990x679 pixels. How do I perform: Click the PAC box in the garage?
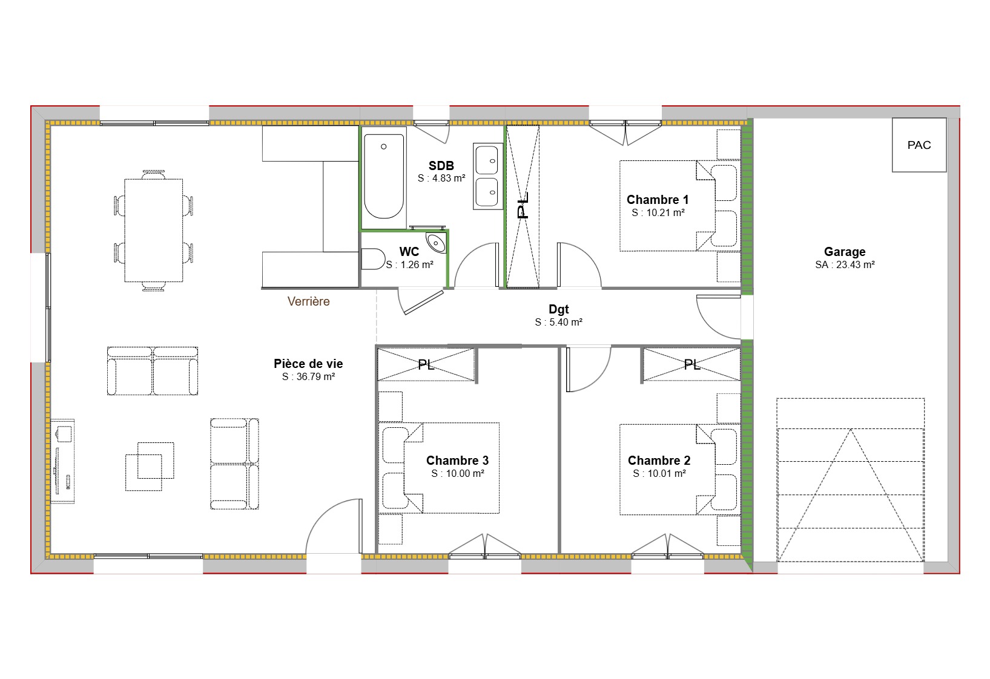click(919, 145)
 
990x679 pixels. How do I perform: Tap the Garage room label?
click(844, 252)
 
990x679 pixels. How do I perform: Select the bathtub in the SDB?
click(383, 176)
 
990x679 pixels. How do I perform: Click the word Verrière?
click(308, 301)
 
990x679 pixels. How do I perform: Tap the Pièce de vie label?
click(308, 364)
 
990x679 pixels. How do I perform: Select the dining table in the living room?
click(153, 230)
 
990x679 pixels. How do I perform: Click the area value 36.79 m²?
click(308, 376)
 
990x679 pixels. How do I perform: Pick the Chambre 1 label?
click(658, 200)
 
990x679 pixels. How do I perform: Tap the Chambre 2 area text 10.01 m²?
click(659, 474)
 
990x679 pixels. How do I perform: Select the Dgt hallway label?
click(558, 310)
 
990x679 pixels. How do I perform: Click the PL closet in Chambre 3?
click(426, 365)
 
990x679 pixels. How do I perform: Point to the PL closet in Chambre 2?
click(691, 365)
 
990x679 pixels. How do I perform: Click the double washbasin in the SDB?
click(487, 176)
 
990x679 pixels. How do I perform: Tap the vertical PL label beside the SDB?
click(523, 205)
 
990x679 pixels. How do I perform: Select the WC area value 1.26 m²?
click(409, 265)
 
